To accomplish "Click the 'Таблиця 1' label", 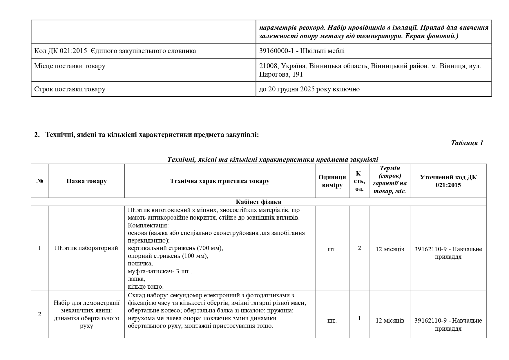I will tap(467, 143).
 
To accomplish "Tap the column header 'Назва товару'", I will tap(86, 181).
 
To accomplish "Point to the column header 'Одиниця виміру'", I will tap(332, 181).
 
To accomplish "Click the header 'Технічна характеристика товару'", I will tap(220, 181).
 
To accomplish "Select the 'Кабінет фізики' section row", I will tap(258, 202).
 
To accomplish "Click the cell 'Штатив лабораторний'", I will tap(86, 248).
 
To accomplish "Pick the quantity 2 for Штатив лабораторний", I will tap(359, 248).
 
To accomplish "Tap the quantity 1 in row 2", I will tap(359, 318).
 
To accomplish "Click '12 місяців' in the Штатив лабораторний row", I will tap(390, 249).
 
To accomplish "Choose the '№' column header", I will tap(40, 181).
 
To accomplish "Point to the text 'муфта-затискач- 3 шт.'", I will tap(160, 271).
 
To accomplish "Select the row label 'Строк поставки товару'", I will tap(70, 89).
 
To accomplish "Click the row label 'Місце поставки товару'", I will tap(70, 66).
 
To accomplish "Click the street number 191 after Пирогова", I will tap(298, 74).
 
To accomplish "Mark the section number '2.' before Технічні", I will tap(37, 135).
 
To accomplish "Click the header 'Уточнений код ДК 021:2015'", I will tap(448, 181).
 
